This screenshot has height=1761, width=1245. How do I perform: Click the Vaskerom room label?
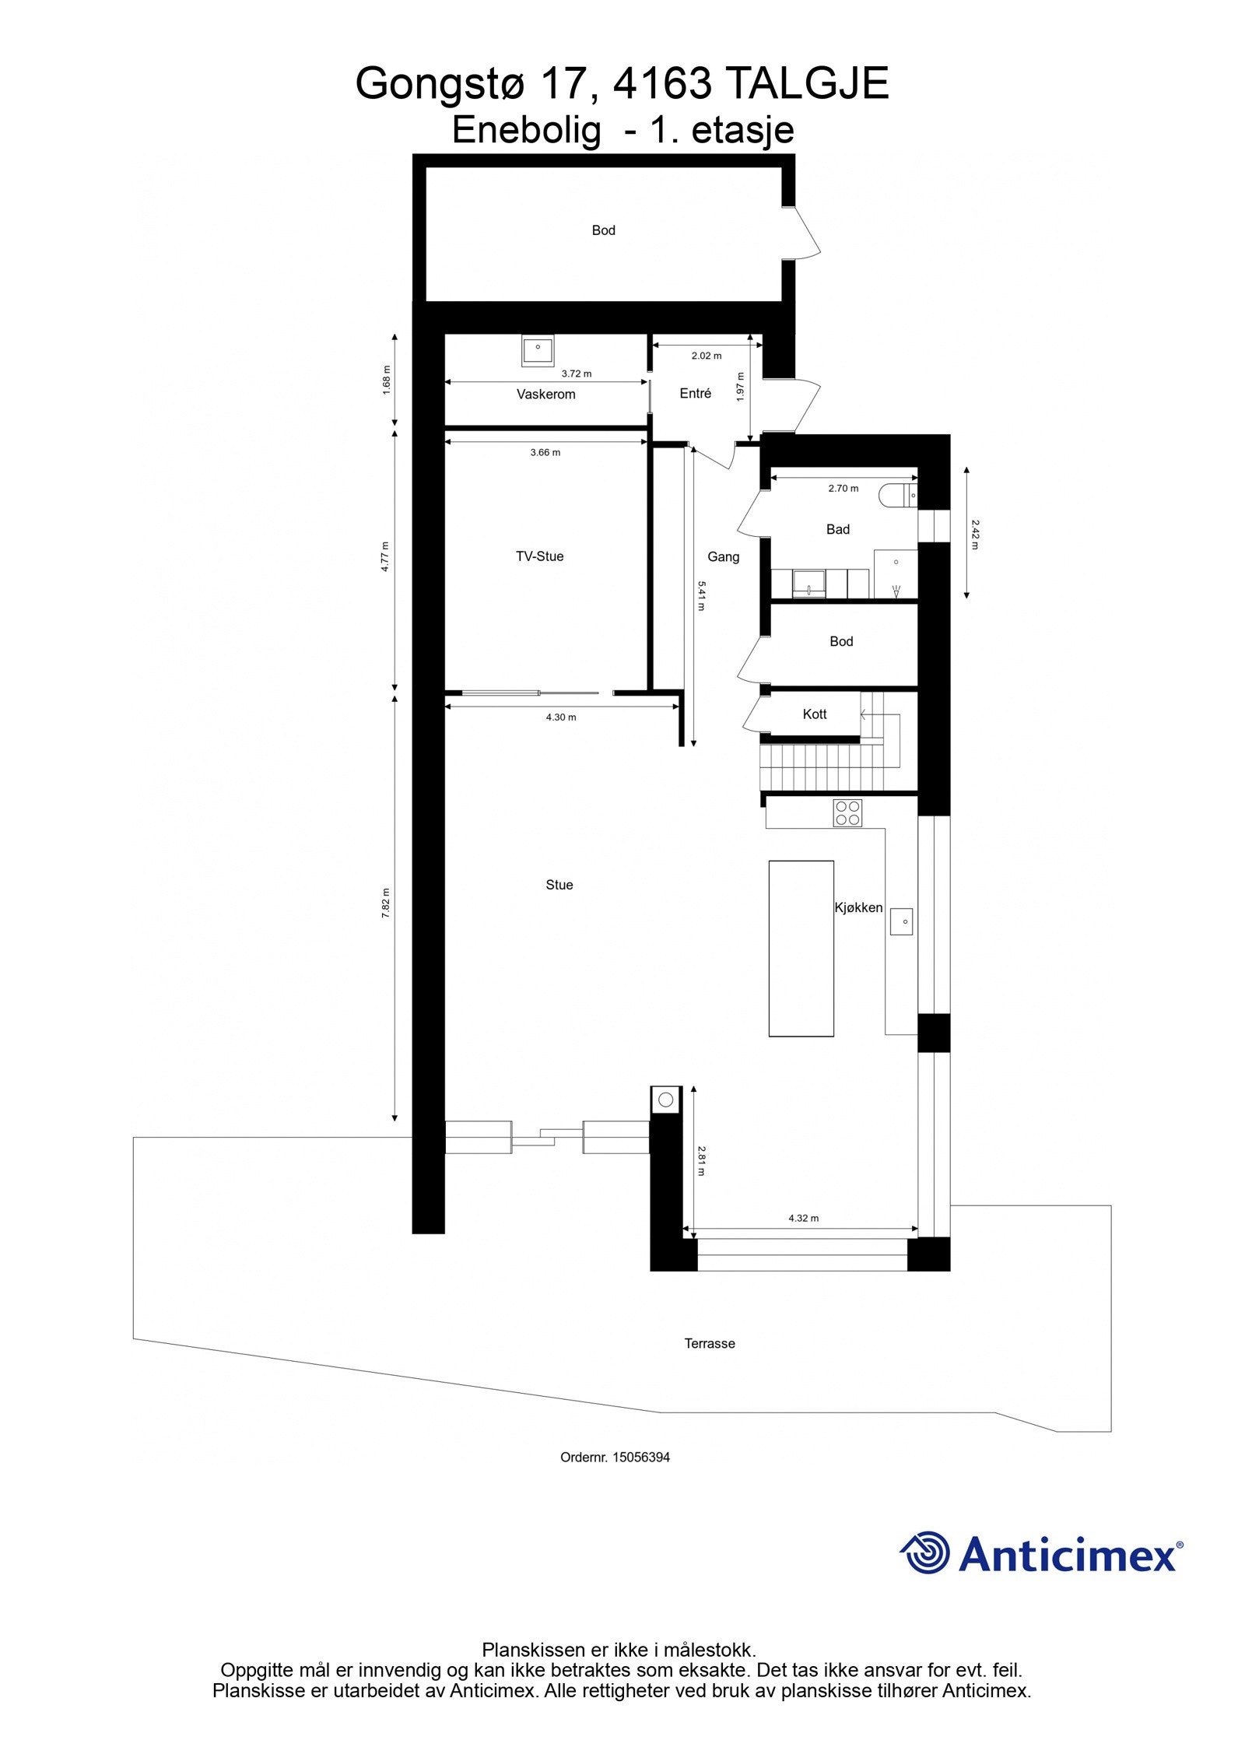tap(545, 395)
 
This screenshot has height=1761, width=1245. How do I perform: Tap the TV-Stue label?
tap(539, 556)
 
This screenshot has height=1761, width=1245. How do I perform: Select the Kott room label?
tap(814, 714)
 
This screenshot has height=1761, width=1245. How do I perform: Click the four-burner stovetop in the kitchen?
tap(847, 813)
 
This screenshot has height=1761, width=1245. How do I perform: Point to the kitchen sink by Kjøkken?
tap(901, 921)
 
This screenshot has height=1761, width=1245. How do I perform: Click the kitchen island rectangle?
tap(801, 949)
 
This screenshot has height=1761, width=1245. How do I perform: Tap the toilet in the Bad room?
tap(898, 495)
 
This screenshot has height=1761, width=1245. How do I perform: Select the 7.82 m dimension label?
tap(386, 903)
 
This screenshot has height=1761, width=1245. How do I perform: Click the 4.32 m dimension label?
tap(803, 1218)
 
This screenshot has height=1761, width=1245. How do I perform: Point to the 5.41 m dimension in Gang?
tap(700, 595)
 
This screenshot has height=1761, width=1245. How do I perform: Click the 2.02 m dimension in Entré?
tap(706, 356)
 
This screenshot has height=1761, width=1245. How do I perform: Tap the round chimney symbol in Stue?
tap(665, 1100)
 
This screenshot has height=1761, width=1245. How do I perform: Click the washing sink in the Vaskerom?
tap(537, 350)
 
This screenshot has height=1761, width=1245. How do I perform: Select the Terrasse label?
tap(709, 1344)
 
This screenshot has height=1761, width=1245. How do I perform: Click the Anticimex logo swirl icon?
tap(926, 1552)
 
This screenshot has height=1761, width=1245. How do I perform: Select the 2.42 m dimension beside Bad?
tap(973, 534)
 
